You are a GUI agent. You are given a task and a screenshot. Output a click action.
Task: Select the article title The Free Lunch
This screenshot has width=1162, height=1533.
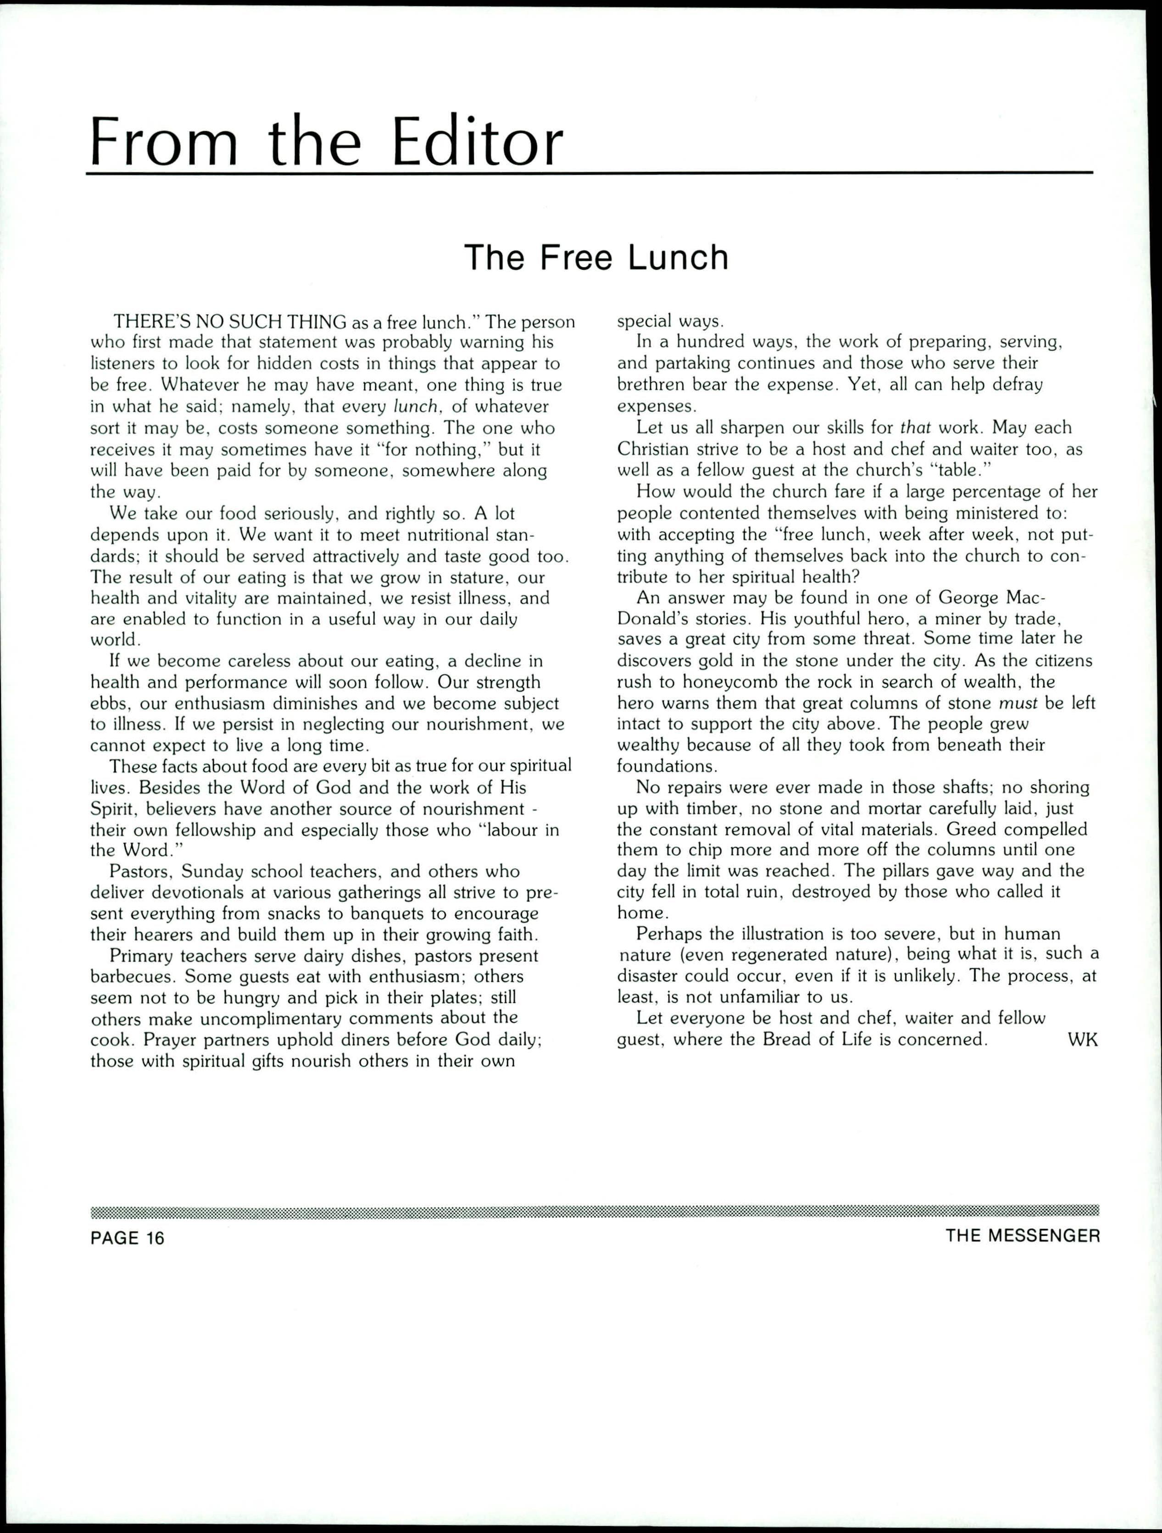596,257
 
